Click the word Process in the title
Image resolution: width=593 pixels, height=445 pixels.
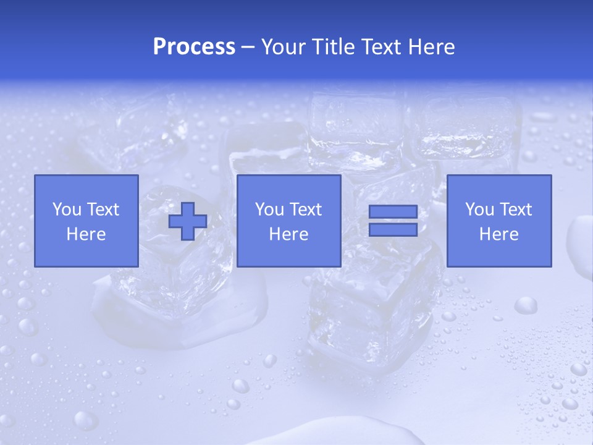click(x=194, y=47)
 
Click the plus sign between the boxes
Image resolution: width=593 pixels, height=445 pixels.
click(x=188, y=221)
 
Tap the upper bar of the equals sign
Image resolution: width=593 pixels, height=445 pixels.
click(x=393, y=212)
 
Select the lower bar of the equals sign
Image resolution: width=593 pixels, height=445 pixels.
click(x=393, y=229)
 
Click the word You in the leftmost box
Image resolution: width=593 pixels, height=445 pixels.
click(x=67, y=210)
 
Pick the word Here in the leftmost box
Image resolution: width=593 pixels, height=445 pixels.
click(x=86, y=234)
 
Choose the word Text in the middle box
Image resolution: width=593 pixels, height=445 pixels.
click(x=305, y=210)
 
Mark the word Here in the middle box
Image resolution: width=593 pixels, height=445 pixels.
click(x=289, y=234)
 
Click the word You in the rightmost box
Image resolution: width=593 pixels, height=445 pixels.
click(x=479, y=210)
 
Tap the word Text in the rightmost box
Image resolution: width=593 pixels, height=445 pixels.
click(x=515, y=210)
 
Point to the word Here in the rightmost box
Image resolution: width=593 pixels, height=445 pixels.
click(x=499, y=234)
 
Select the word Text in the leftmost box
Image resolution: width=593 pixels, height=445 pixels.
click(x=103, y=210)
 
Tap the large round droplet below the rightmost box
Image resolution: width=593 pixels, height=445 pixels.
click(x=526, y=305)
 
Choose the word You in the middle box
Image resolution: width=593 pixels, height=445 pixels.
click(x=269, y=210)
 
